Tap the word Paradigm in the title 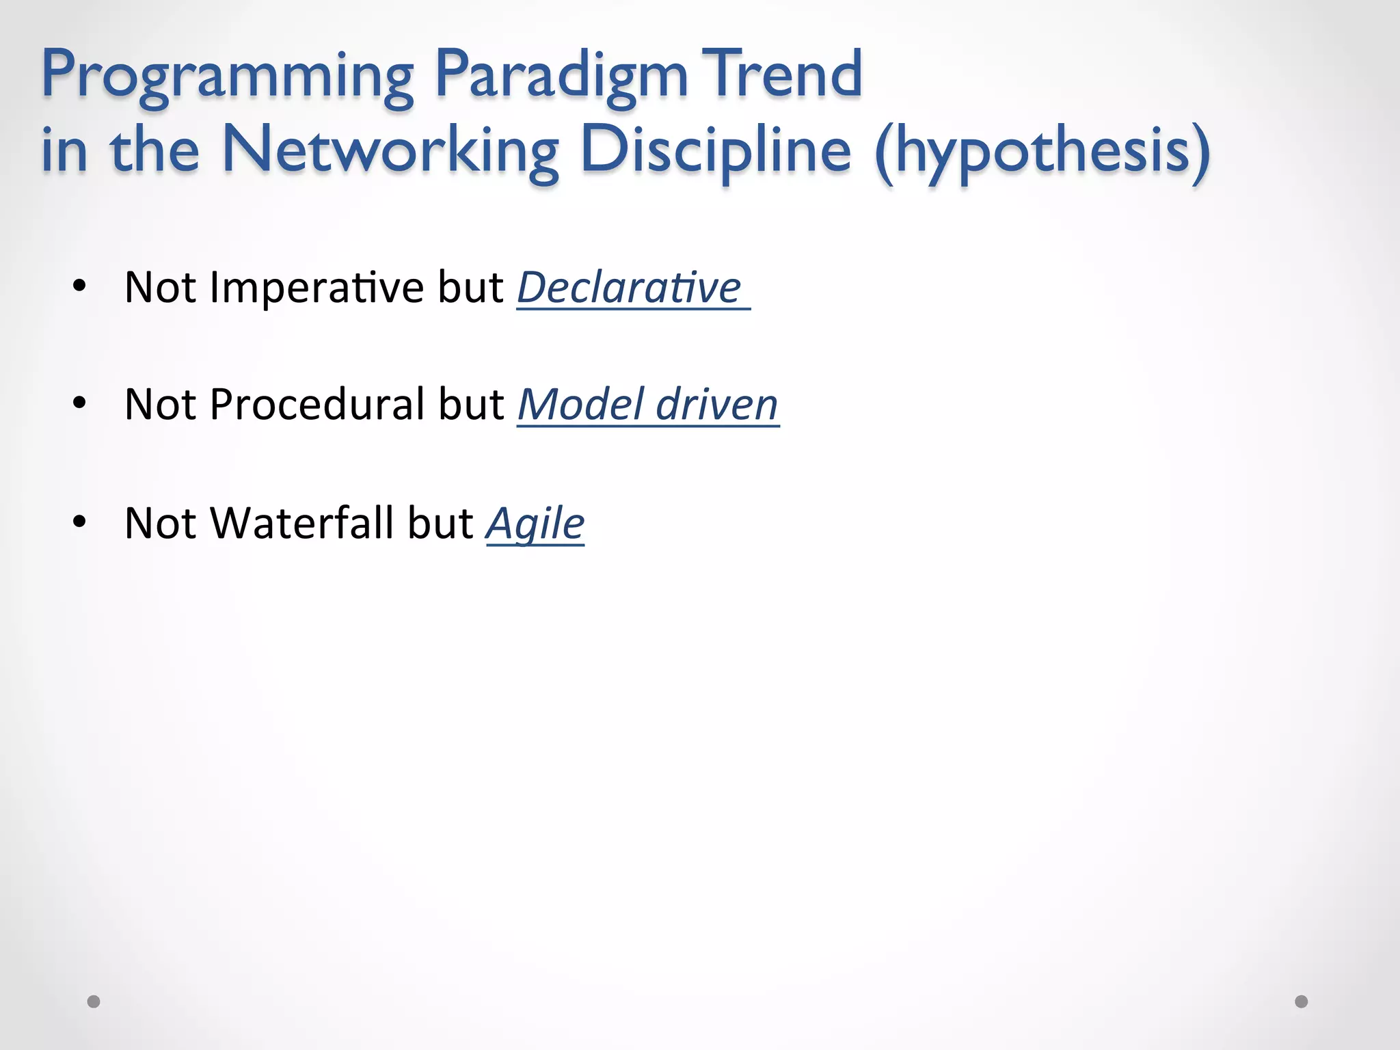coord(561,75)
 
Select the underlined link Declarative coord(629,288)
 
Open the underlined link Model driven coord(647,405)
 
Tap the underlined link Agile coord(535,524)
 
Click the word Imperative coord(317,288)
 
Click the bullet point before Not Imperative coord(79,286)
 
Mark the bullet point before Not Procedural coord(79,403)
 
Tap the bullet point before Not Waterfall coord(79,522)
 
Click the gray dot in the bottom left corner coord(94,1001)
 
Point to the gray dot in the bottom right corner coord(1302,1001)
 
